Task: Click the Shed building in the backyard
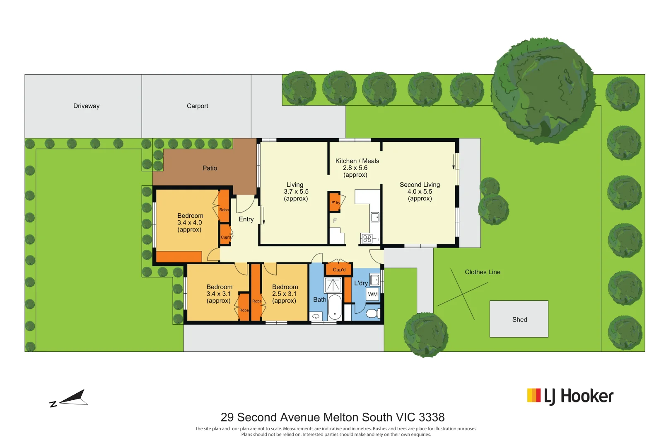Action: coord(519,319)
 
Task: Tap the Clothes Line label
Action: coord(482,272)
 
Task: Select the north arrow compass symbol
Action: coord(70,399)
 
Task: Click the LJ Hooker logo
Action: coord(570,397)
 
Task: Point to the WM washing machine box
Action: coord(373,295)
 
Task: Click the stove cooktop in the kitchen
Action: coord(367,239)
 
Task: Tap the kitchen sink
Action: coord(375,217)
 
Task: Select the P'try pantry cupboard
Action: coord(335,202)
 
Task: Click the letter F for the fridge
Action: coord(335,221)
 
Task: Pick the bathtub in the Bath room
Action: coord(335,307)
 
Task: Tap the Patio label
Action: coord(210,168)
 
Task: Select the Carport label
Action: coord(197,106)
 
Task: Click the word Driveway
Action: coord(86,106)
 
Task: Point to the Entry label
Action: coord(246,219)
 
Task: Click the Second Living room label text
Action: coord(420,185)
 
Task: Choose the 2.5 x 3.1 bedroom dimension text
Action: coord(284,294)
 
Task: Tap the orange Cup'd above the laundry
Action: coord(339,270)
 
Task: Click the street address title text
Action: coord(332,417)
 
